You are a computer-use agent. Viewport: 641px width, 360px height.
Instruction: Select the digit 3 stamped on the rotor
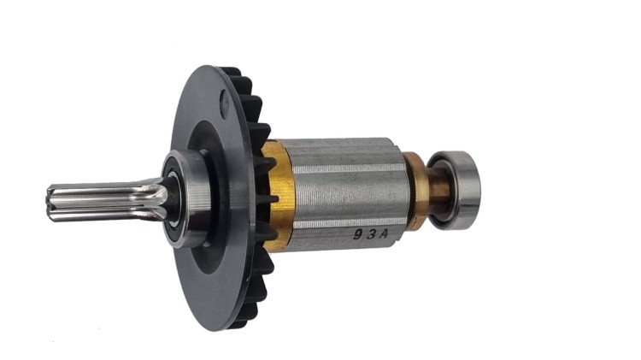358,231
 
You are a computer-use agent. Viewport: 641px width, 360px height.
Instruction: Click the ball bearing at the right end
454,190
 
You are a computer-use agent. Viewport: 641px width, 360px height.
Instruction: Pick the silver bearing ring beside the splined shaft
187,198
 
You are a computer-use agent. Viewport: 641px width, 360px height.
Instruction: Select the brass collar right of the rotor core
416,192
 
